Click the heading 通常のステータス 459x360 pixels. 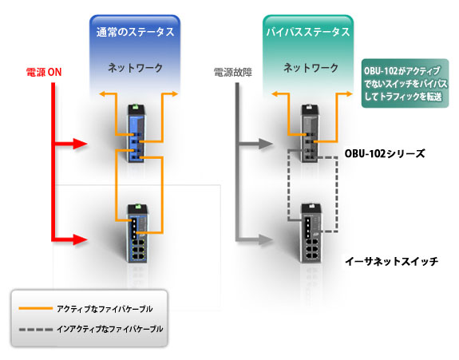(135, 32)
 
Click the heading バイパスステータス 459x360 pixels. (308, 32)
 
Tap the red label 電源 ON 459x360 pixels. (44, 72)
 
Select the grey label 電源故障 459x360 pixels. (233, 72)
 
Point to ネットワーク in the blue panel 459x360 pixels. (135, 68)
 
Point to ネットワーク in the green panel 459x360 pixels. (311, 68)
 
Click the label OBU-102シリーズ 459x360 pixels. (384, 153)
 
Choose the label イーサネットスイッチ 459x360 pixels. (392, 261)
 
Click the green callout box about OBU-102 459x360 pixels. (406, 83)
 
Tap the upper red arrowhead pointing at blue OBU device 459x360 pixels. (80, 144)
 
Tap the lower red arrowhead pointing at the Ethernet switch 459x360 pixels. (80, 239)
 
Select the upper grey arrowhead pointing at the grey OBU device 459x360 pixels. (266, 144)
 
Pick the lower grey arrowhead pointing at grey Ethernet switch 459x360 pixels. (266, 239)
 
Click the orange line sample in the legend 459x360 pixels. (35, 308)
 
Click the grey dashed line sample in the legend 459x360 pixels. (35, 330)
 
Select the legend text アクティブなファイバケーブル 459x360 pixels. (105, 309)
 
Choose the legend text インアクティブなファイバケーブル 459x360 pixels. (110, 329)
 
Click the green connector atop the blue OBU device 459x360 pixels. (136, 107)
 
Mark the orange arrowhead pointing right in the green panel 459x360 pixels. (349, 93)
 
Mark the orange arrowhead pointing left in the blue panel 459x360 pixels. (102, 93)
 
